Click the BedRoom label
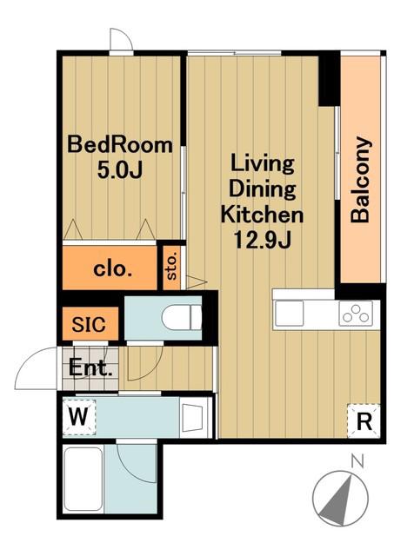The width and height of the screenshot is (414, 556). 120,145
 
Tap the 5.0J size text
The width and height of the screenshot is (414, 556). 120,170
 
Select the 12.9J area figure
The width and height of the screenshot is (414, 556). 262,240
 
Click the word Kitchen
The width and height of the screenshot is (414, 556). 262,215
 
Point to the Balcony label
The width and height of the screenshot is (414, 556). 361,180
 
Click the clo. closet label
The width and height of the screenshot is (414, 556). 113,269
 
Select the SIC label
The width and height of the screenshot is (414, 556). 89,324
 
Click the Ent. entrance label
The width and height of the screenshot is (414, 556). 91,367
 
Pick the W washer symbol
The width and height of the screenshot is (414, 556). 79,417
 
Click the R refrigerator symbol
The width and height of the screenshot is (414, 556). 364,421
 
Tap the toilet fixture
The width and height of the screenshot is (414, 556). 182,316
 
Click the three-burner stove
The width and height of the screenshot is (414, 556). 356,313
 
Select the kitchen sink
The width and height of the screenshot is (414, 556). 290,313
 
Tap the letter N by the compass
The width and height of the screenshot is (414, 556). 357,461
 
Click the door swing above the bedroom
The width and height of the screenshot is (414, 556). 122,39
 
